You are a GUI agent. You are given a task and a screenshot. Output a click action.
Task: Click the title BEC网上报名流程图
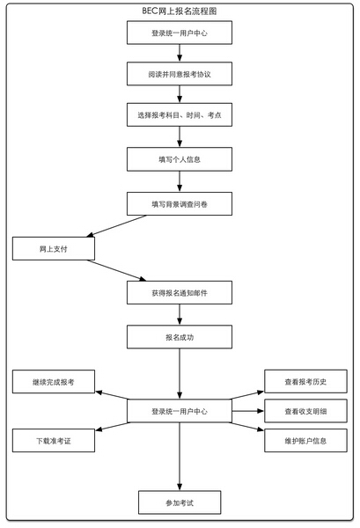click(x=180, y=11)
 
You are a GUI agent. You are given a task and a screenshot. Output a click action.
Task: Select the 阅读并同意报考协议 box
click(x=180, y=74)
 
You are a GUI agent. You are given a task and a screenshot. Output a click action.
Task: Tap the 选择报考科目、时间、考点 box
click(x=180, y=114)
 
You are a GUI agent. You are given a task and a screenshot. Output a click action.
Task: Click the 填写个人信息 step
click(x=180, y=159)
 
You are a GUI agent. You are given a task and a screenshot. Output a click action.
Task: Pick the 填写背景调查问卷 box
click(x=180, y=204)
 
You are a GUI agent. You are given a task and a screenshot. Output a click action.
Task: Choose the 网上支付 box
click(x=54, y=248)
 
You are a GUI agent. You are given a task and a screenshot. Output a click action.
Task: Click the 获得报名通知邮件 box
click(x=180, y=293)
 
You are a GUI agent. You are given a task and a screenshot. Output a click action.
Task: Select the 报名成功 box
click(x=180, y=337)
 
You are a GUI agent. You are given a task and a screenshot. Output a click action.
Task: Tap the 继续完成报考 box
click(x=54, y=382)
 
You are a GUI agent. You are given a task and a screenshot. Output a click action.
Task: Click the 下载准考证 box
click(x=54, y=441)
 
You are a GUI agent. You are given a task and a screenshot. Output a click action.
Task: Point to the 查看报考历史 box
click(x=305, y=381)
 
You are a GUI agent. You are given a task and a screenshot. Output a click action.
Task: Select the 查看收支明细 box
click(x=305, y=411)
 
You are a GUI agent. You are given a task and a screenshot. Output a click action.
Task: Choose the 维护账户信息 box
click(x=305, y=441)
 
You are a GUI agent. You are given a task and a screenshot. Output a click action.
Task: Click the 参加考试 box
click(x=180, y=502)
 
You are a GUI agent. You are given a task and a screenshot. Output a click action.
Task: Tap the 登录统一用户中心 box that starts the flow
click(x=180, y=33)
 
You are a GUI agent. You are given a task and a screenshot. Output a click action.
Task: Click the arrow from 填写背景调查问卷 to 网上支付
click(x=116, y=226)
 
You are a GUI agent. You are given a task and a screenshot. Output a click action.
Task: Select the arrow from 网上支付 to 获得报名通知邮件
click(x=116, y=270)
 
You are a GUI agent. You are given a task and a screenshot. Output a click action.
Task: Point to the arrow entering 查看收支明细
click(x=248, y=411)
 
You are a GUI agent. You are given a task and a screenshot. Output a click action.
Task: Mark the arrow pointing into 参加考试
click(x=180, y=457)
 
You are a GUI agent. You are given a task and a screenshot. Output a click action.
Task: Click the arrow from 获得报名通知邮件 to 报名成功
click(x=180, y=314)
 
